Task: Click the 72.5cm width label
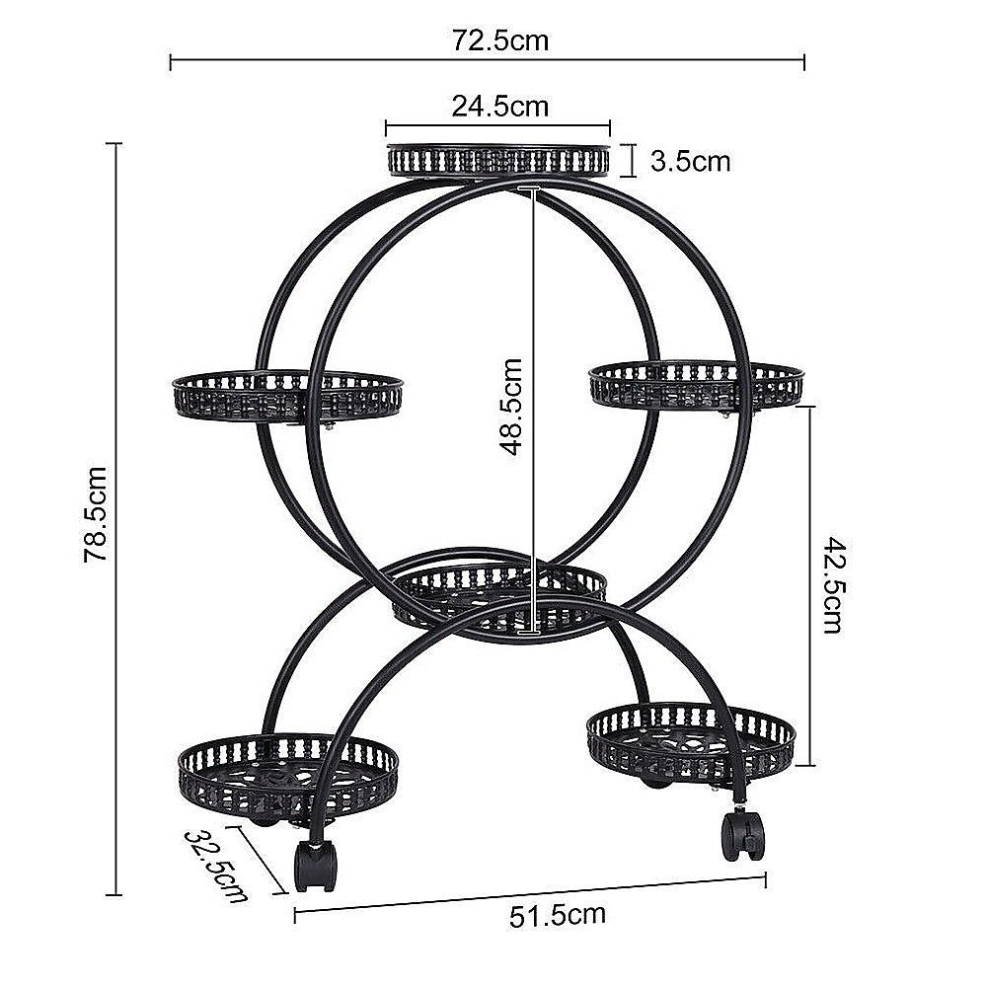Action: tap(499, 40)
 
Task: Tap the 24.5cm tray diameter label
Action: tap(499, 106)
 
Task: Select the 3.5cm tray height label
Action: tap(691, 160)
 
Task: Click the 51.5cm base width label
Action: tap(557, 915)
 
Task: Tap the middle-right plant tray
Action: tap(696, 383)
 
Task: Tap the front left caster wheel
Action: tap(315, 867)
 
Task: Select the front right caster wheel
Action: tap(743, 835)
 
